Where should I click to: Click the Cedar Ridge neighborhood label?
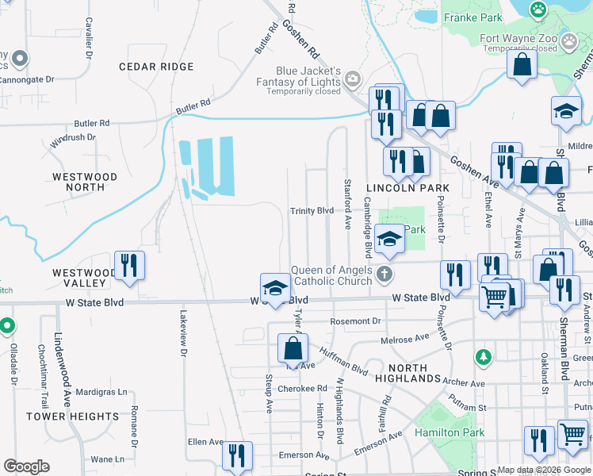[x=156, y=67]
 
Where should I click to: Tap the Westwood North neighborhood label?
[x=84, y=182]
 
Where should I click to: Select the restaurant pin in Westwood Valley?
[x=128, y=267]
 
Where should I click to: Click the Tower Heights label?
[x=72, y=416]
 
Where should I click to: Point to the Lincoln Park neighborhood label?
[x=407, y=188]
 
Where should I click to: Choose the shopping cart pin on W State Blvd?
[x=495, y=297]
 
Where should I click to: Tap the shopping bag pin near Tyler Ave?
[x=293, y=347]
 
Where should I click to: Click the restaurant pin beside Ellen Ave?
[x=236, y=455]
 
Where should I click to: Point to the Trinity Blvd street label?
[x=312, y=211]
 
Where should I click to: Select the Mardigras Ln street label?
[x=100, y=392]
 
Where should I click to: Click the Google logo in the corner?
[x=26, y=466]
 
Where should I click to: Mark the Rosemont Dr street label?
[x=356, y=321]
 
